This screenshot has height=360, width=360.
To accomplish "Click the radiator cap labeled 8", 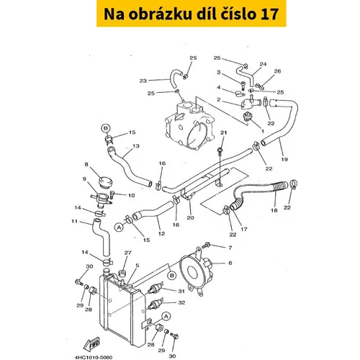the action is point(106,182).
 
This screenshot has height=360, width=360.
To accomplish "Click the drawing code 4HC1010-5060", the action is point(94,357).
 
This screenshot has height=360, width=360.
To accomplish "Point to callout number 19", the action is point(284,159).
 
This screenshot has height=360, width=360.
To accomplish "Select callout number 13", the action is point(136,146).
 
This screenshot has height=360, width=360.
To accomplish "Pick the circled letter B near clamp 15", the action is point(106,128).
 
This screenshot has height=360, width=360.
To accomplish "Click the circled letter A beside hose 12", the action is point(120,227).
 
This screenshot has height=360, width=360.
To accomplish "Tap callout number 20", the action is point(190,217).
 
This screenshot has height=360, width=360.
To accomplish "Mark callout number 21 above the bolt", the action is point(223,132).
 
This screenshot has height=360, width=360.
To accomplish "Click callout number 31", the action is point(181,291).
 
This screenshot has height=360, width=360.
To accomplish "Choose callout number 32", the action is point(181,302).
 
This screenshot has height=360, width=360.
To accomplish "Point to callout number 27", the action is point(128,253).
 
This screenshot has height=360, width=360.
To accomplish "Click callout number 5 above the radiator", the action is point(138,265).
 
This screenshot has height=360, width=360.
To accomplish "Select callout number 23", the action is point(143,81).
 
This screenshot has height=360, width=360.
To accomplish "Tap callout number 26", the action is point(277,71).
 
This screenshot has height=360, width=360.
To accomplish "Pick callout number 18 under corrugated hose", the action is point(274,210).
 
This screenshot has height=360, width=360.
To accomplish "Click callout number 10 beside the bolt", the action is point(132,195).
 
